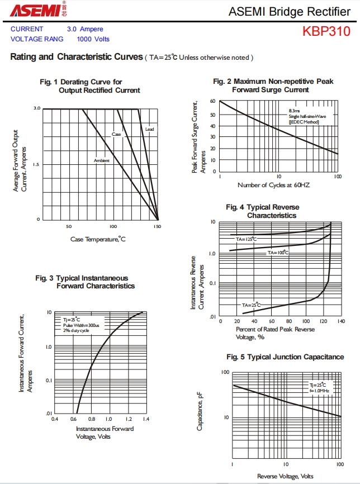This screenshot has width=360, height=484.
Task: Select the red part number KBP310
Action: point(326,31)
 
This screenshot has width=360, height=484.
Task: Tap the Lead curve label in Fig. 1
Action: point(149,129)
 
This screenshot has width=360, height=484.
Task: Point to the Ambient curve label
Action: point(102,161)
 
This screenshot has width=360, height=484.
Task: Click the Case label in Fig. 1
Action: point(116,135)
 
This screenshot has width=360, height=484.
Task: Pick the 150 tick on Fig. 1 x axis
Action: point(157,227)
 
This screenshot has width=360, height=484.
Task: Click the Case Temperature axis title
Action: point(98,240)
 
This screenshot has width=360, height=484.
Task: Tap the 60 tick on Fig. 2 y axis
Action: point(213,101)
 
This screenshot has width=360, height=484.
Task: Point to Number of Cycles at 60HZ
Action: point(274,185)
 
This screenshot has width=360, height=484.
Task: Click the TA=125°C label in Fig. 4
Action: point(246,239)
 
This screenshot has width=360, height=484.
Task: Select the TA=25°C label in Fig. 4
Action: point(252,305)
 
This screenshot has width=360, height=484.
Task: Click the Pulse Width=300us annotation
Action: point(81,325)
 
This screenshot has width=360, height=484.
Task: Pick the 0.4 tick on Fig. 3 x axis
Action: point(55,418)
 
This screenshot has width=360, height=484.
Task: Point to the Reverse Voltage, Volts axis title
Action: point(285,476)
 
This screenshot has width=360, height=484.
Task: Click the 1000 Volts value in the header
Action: point(93,39)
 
